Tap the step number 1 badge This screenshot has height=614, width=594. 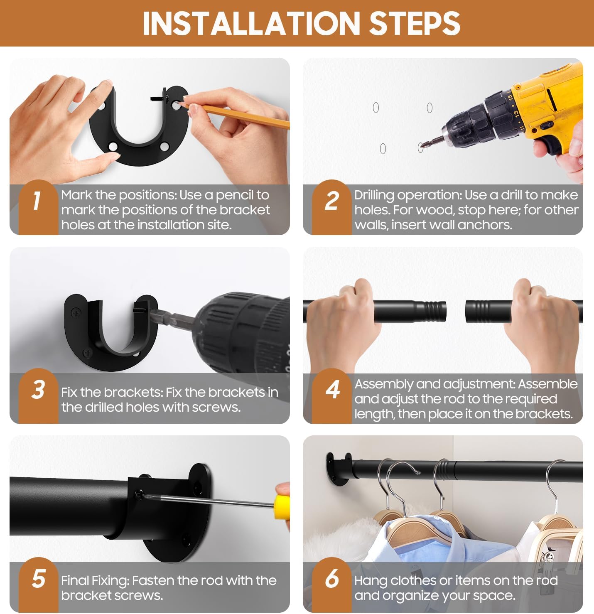(x=38, y=207)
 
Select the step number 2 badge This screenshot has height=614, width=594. (x=332, y=207)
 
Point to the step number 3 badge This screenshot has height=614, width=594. (x=38, y=395)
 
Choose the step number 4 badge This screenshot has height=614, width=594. (x=332, y=395)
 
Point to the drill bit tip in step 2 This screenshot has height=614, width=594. (x=421, y=146)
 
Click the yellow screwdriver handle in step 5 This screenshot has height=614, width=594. (x=281, y=507)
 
